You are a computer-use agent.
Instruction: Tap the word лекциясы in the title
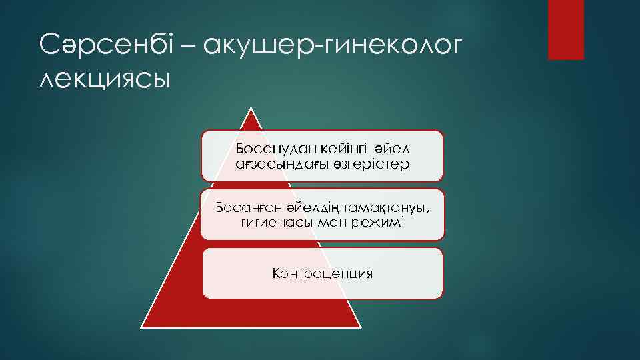105,79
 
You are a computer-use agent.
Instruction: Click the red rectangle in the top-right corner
565,29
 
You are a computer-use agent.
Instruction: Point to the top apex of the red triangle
251,109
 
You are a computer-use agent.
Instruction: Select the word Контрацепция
322,273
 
